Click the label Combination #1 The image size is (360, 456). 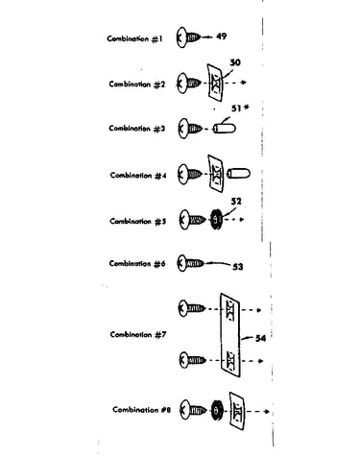pyautogui.click(x=134, y=39)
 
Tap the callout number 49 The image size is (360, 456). pyautogui.click(x=222, y=36)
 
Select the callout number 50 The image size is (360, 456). pyautogui.click(x=235, y=62)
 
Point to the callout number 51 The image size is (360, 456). pyautogui.click(x=236, y=108)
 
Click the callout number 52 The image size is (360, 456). pyautogui.click(x=236, y=202)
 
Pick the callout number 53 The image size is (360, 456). pyautogui.click(x=237, y=267)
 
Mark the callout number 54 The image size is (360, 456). pyautogui.click(x=260, y=338)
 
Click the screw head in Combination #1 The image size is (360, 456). pyautogui.click(x=181, y=37)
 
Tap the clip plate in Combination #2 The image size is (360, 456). pyautogui.click(x=215, y=82)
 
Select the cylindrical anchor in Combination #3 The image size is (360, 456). pyautogui.click(x=225, y=129)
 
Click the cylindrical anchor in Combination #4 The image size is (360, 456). pyautogui.click(x=238, y=174)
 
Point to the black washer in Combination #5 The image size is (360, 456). pyautogui.click(x=216, y=219)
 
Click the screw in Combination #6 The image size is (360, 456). pyautogui.click(x=190, y=263)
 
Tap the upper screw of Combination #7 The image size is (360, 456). pyautogui.click(x=192, y=308)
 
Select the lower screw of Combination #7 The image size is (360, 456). pyautogui.click(x=192, y=360)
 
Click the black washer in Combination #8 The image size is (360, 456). pyautogui.click(x=217, y=410)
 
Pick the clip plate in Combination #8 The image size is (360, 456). pyautogui.click(x=237, y=411)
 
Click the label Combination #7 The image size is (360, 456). pyautogui.click(x=138, y=335)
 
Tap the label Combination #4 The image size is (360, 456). pyautogui.click(x=138, y=176)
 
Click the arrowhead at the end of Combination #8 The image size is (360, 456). pyautogui.click(x=267, y=411)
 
